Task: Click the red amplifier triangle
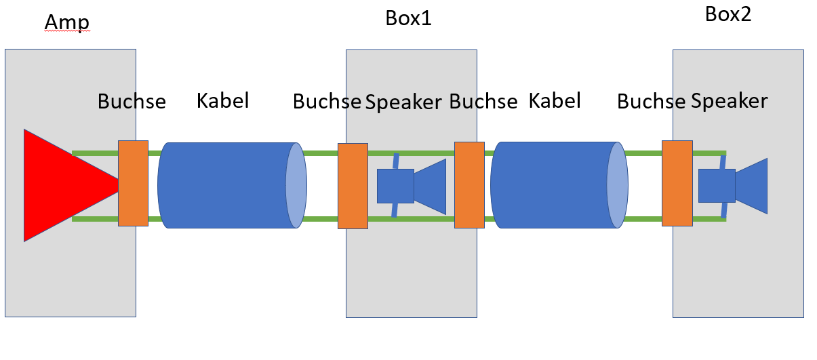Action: pos(61,184)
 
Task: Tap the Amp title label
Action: pos(66,24)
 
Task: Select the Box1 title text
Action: pos(408,18)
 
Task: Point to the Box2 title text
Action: pos(728,14)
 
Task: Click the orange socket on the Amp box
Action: pos(133,183)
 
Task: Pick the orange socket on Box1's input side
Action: pos(353,186)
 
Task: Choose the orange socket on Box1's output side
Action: pos(469,184)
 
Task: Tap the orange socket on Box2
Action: pos(677,183)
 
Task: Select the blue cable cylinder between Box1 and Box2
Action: pos(553,185)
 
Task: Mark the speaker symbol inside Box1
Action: pos(411,186)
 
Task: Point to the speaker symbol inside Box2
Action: pos(732,186)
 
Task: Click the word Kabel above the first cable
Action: pos(222,101)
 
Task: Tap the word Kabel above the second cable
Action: pos(555,101)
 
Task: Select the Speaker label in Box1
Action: pos(403,102)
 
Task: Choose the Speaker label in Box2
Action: pos(729,101)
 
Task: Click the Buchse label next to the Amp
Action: pos(132,102)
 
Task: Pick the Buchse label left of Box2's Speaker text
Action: pos(651,102)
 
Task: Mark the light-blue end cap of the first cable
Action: pos(296,185)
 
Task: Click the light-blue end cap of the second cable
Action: pos(617,185)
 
